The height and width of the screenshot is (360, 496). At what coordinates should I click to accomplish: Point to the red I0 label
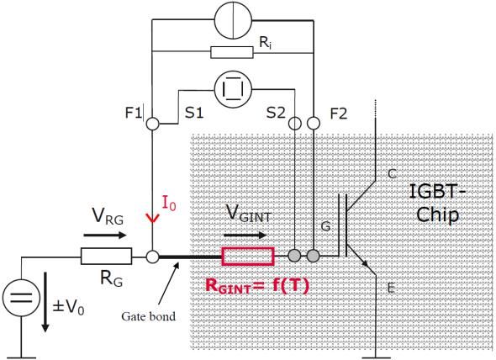(x=169, y=203)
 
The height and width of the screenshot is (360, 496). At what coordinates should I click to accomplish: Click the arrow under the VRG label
(x=105, y=236)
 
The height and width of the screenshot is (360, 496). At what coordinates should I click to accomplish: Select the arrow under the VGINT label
(x=245, y=236)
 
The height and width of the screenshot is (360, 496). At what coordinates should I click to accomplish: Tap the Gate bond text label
(x=148, y=316)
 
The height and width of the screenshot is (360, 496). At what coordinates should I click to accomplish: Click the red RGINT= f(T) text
(x=257, y=285)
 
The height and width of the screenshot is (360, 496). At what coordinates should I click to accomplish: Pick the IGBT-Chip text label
(x=437, y=203)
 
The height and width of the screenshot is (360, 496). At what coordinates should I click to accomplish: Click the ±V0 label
(x=68, y=306)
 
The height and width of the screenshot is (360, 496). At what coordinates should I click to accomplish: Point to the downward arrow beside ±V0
(x=45, y=302)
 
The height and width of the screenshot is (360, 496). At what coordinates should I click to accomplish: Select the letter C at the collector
(x=393, y=174)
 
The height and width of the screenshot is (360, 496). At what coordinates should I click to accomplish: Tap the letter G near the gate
(x=325, y=226)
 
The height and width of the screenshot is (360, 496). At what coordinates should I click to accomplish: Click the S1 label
(x=194, y=113)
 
